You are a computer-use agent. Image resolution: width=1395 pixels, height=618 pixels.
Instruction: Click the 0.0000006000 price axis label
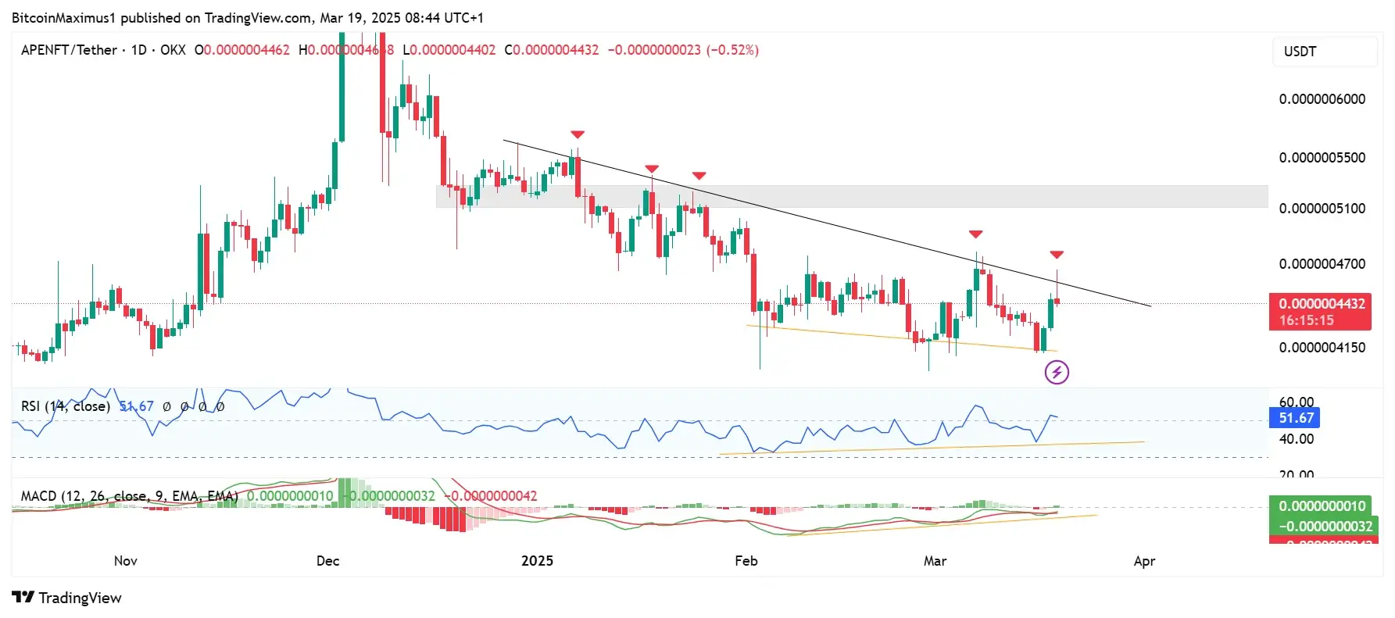1322,99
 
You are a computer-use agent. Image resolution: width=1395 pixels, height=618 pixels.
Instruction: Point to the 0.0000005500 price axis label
1322,158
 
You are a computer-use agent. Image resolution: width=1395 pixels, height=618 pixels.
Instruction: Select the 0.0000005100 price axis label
1322,209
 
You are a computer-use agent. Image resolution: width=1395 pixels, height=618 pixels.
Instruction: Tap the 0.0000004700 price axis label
1322,264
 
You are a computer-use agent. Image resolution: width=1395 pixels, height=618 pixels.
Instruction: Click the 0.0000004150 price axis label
1322,348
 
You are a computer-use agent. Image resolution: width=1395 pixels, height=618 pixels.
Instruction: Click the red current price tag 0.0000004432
1322,304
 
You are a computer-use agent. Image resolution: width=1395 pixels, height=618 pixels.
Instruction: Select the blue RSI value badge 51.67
1296,418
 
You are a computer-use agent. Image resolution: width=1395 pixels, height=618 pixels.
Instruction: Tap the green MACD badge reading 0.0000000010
1322,506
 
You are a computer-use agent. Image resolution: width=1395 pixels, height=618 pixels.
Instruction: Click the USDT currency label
1300,52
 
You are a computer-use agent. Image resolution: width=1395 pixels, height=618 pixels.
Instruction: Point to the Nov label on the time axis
126,561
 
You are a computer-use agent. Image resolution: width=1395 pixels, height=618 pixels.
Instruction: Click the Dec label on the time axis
328,561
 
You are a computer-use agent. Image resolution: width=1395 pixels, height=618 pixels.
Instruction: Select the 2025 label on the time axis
537,561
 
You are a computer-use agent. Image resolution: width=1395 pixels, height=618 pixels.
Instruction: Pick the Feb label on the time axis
746,561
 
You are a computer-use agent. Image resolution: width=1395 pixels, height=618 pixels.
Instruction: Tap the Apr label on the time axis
1144,561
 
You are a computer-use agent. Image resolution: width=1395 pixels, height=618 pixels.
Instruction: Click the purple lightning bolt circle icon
1057,372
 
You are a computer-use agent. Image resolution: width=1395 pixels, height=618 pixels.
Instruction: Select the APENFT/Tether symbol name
69,50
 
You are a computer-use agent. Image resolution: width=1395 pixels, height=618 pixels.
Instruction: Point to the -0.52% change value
732,50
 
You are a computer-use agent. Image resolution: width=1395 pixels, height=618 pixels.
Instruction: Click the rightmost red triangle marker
1057,255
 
